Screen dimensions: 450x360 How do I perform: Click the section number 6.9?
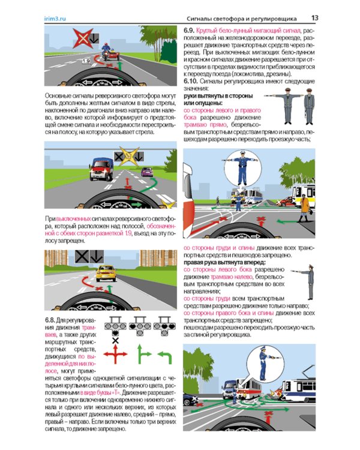coord(190,29)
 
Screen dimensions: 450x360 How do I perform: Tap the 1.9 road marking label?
coord(85,61)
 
